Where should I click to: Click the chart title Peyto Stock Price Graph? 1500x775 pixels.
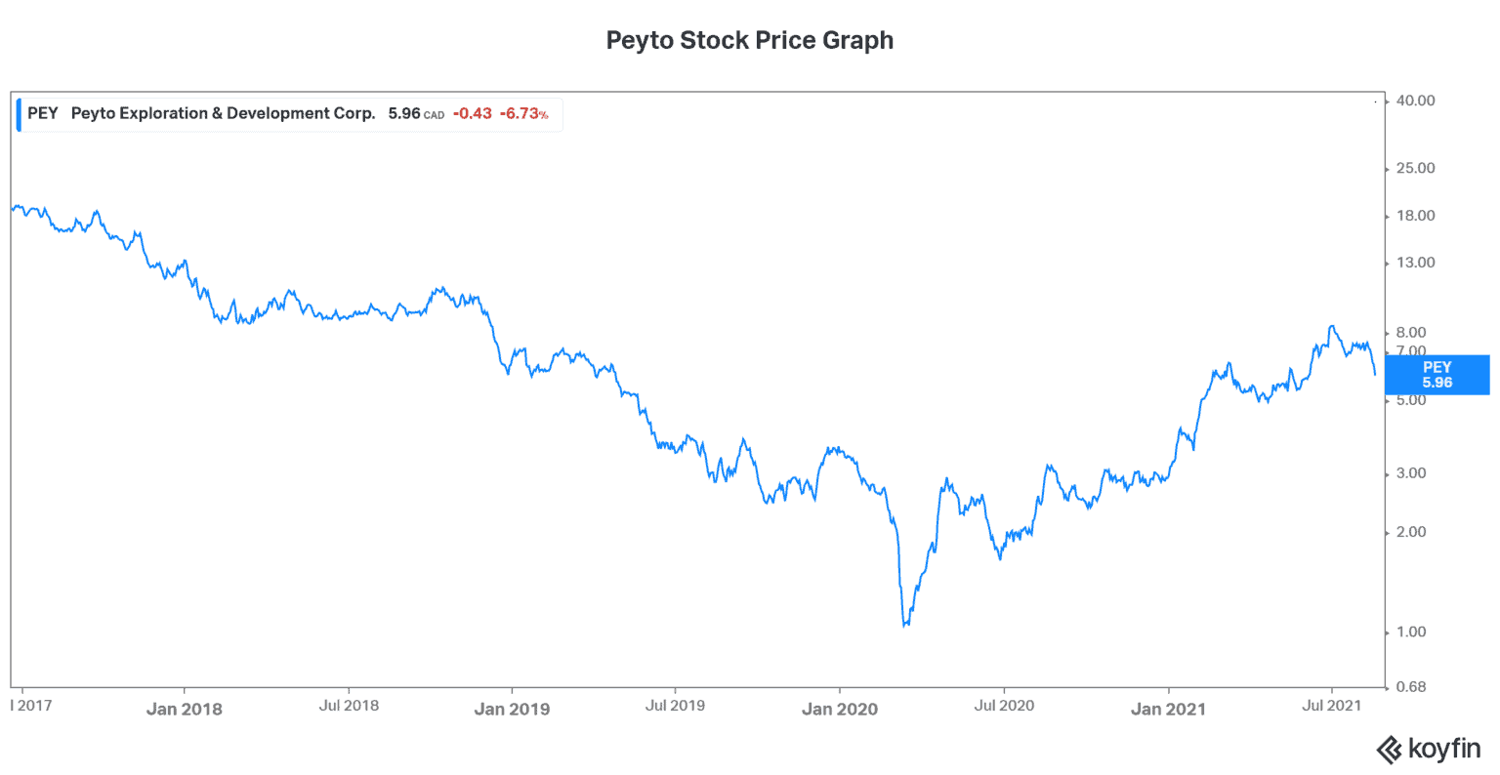click(749, 41)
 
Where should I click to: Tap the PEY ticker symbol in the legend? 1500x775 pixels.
click(43, 113)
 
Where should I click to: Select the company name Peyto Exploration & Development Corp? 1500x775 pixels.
click(223, 113)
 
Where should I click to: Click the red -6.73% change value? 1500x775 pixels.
click(523, 113)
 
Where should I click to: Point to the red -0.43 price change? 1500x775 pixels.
click(473, 113)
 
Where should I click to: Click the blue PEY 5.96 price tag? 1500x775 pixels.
click(1437, 375)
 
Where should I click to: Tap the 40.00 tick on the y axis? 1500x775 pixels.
click(1415, 101)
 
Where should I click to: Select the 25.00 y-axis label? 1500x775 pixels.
click(1415, 168)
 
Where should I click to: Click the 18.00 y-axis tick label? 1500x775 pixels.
click(1415, 216)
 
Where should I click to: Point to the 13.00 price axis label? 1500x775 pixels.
click(1415, 263)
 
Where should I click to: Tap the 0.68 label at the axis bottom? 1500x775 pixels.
click(1411, 687)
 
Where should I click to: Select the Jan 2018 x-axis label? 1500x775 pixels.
click(185, 710)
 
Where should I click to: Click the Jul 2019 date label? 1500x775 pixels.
click(675, 706)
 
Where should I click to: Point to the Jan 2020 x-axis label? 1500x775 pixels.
click(840, 710)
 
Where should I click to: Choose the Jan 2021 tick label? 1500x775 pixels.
click(1168, 710)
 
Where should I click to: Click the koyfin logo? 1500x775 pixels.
click(1428, 750)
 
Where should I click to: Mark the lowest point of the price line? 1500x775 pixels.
click(905, 626)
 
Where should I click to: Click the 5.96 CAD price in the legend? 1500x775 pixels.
click(415, 113)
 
